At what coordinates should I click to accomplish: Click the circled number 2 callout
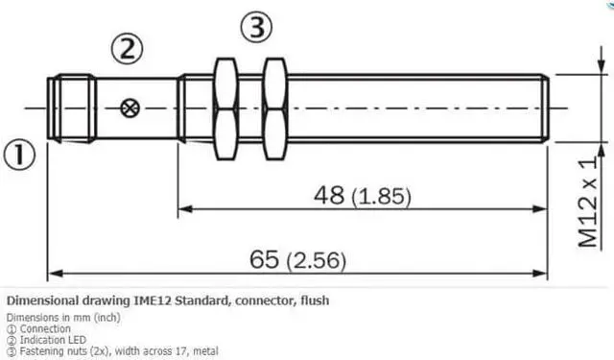pyautogui.click(x=130, y=48)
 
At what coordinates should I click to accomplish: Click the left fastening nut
pyautogui.click(x=225, y=108)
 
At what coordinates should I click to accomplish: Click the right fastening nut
pyautogui.click(x=274, y=108)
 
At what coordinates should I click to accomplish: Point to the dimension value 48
pyautogui.click(x=328, y=196)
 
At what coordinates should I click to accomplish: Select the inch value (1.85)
pyautogui.click(x=381, y=197)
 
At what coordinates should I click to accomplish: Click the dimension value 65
pyautogui.click(x=265, y=259)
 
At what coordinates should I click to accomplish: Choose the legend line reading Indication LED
pyautogui.click(x=58, y=338)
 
